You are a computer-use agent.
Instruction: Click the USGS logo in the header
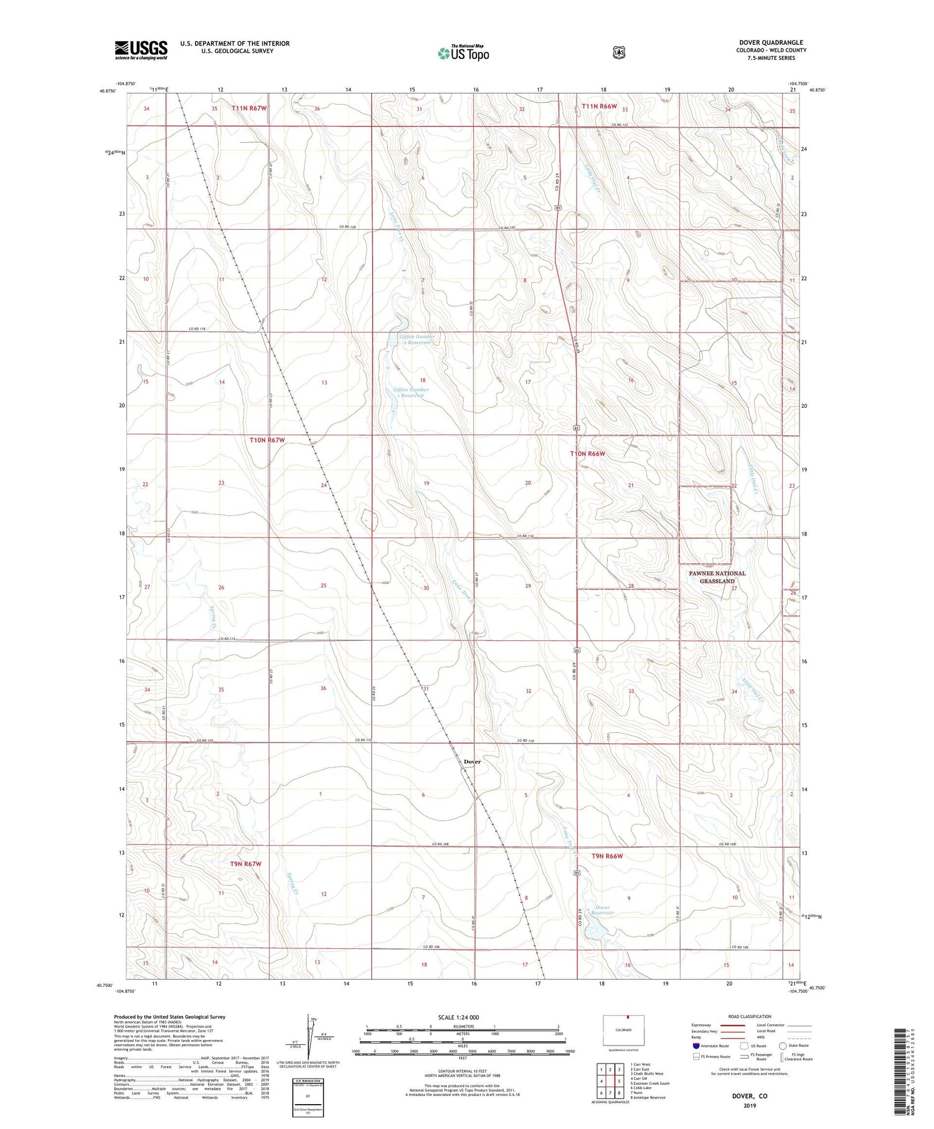(141, 50)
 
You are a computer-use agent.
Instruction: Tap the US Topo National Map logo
(463, 53)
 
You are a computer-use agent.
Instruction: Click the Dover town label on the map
(472, 762)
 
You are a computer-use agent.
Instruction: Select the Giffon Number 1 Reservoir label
(410, 392)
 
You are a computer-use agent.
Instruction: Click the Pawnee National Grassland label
(717, 577)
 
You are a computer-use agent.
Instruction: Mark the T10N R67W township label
(267, 440)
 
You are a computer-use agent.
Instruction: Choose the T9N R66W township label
(607, 856)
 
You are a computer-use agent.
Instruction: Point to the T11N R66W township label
(599, 106)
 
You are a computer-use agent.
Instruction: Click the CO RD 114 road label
(526, 536)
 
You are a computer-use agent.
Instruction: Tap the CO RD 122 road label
(620, 126)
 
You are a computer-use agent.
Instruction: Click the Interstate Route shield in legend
(696, 1046)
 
